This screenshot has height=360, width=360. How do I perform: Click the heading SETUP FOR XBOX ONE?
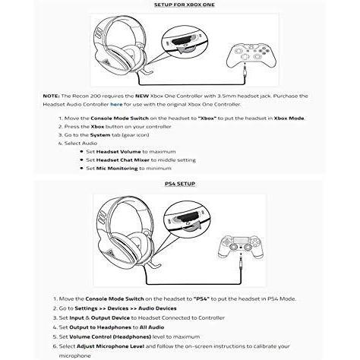(185, 5)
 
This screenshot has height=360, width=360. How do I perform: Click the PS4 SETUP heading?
(180, 184)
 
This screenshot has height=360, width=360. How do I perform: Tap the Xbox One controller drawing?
(251, 55)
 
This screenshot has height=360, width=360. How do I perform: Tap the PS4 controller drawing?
(241, 247)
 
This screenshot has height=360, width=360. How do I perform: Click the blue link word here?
(116, 104)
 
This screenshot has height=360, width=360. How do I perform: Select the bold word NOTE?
(51, 96)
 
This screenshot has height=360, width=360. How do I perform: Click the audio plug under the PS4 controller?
(241, 264)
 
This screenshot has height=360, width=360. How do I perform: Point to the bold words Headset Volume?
(118, 152)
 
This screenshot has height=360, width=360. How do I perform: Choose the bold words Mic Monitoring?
(117, 169)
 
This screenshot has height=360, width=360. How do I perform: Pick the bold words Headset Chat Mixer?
(123, 160)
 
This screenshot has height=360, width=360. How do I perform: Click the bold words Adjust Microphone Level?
(110, 346)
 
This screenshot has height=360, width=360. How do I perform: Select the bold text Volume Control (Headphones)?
(110, 336)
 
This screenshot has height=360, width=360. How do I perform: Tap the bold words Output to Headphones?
(100, 327)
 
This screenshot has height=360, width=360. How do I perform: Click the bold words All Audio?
(152, 327)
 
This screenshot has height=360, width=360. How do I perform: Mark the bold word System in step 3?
(100, 135)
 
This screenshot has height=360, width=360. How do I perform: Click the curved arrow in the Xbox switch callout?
(185, 50)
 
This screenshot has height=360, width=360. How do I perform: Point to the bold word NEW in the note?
(142, 96)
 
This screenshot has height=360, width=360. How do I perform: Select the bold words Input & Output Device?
(99, 317)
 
